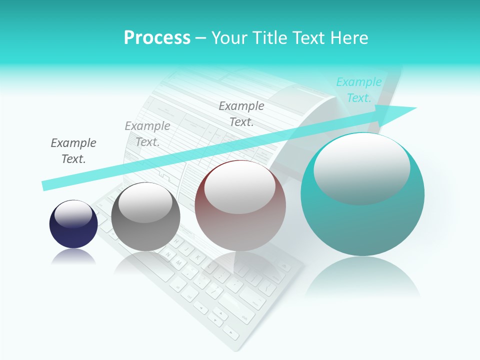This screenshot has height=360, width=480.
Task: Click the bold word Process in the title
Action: coord(157,38)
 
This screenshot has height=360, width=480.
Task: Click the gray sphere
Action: coord(145,217)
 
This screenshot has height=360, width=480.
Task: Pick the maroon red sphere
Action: coord(240,206)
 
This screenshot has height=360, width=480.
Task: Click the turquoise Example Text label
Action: coord(358,90)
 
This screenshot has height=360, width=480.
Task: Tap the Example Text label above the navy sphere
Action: coord(73,151)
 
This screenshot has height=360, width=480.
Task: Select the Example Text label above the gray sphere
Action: coord(147,134)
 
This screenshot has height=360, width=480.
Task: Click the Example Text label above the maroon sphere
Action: coord(241,114)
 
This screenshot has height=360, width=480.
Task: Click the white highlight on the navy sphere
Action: coord(73,214)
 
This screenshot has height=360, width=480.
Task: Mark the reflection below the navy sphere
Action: coord(73,257)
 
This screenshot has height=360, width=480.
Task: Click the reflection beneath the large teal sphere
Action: coord(362,277)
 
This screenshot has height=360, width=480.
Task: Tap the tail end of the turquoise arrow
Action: coord(46,185)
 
